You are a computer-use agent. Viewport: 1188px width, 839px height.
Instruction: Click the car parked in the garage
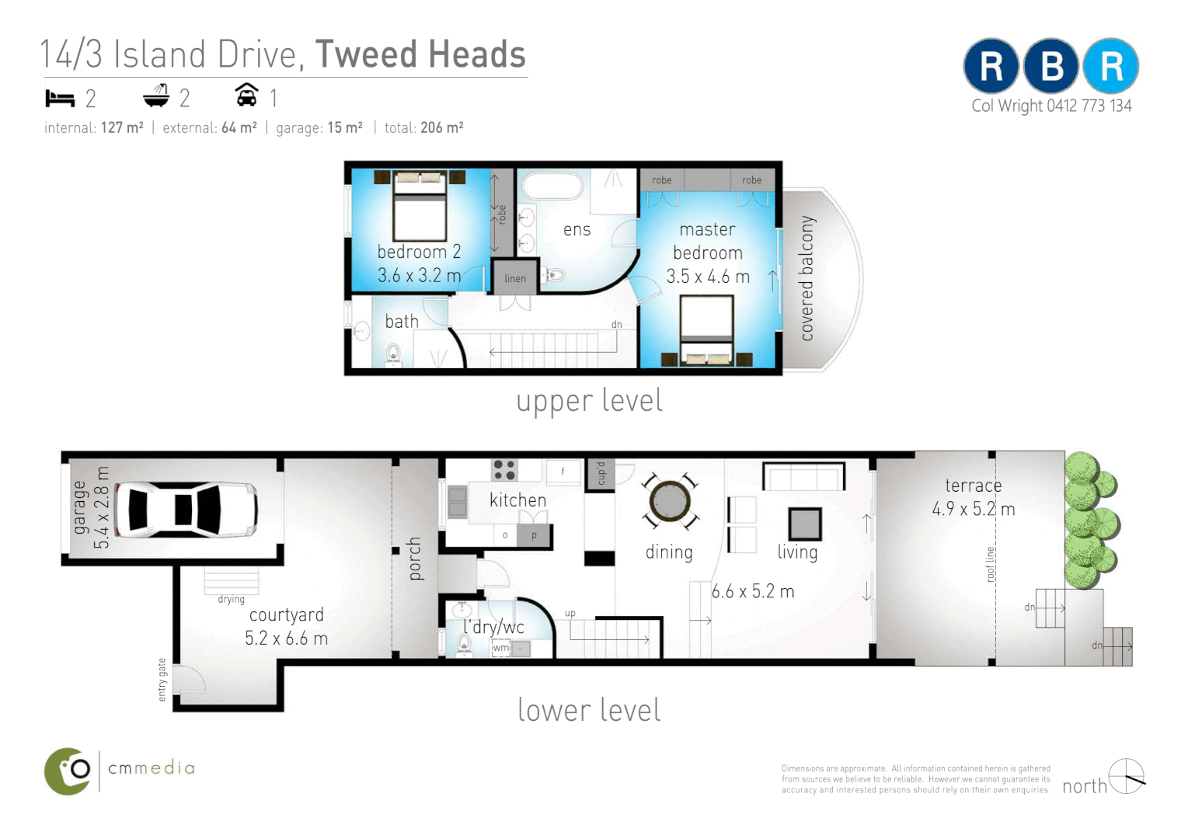[x=186, y=510]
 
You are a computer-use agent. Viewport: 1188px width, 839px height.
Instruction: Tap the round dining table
[x=669, y=501]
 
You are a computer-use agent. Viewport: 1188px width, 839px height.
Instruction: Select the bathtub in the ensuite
[x=552, y=186]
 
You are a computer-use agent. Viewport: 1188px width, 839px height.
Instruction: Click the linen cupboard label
[x=514, y=279]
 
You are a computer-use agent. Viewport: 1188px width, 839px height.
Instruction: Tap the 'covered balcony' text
[x=807, y=278]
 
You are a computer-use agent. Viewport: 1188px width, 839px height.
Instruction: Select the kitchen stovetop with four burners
[x=504, y=470]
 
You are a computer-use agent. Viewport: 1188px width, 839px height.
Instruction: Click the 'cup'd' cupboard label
[x=601, y=473]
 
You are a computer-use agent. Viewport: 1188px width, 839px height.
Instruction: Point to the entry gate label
[x=162, y=680]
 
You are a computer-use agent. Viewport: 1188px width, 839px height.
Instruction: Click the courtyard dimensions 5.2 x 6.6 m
[x=286, y=639]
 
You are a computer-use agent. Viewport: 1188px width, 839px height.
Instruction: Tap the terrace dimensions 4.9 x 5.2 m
[x=973, y=510]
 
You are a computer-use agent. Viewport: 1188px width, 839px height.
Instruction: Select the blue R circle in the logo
[x=1111, y=67]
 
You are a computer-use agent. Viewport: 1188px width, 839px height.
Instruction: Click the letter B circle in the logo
[x=1051, y=67]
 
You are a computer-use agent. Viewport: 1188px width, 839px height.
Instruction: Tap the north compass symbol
[x=1126, y=777]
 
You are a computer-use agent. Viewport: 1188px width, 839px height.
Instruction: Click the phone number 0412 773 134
[x=1089, y=106]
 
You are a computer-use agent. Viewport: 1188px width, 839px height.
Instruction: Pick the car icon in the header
[x=246, y=96]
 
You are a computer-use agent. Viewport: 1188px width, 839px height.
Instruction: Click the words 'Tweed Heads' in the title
[x=420, y=55]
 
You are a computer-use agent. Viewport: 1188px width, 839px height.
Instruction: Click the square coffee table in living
[x=804, y=524]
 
